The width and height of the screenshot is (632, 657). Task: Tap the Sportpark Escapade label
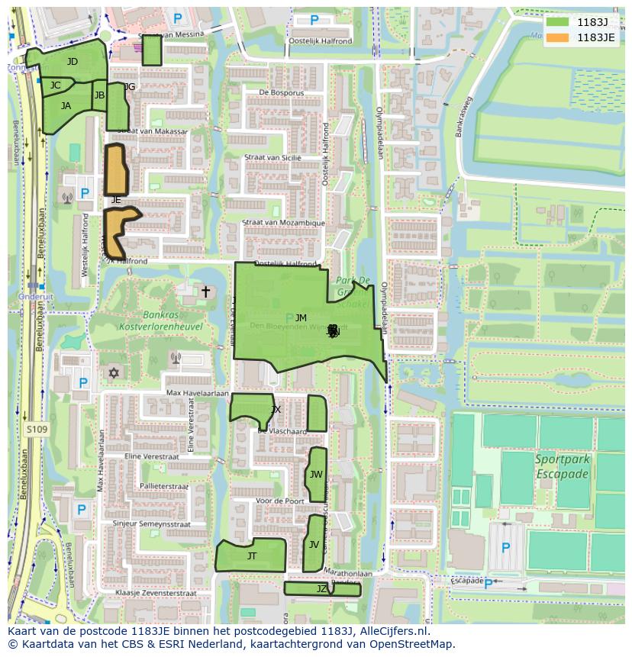[x=562, y=467]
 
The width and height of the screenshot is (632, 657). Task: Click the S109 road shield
[x=36, y=430]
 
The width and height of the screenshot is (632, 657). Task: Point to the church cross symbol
[x=205, y=291]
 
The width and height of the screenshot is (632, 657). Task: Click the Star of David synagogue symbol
[x=115, y=373]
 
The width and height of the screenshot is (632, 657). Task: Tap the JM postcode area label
[x=301, y=318]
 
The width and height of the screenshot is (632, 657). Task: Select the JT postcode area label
[x=252, y=556]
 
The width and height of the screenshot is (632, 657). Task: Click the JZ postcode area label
[x=321, y=589]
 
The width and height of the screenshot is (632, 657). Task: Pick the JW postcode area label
[x=316, y=475]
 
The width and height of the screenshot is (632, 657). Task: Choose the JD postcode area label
[x=72, y=62]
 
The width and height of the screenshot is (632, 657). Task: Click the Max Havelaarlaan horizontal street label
[x=198, y=393]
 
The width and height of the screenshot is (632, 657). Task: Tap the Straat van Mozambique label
[x=283, y=223]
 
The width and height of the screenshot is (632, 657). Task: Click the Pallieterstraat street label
[x=163, y=485]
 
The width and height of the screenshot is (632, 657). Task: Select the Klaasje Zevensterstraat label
[x=156, y=592]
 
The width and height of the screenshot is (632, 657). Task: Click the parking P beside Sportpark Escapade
[x=505, y=549]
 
